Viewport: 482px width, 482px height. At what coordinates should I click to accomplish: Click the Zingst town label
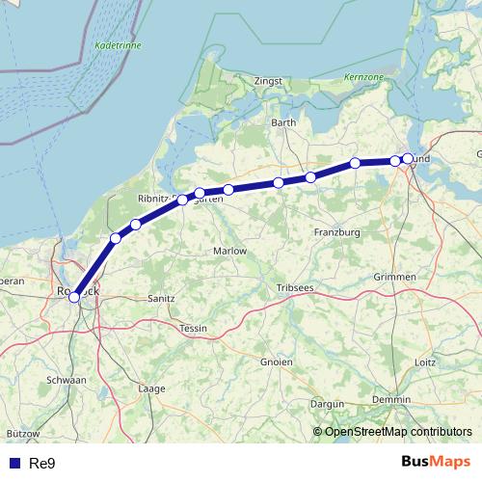tap(268, 82)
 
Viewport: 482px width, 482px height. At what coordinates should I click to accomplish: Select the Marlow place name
tap(229, 251)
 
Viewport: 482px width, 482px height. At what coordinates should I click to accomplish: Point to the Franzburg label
tap(336, 232)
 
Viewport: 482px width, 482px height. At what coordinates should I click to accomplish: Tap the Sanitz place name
tap(160, 299)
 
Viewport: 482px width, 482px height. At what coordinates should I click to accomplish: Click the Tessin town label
tap(194, 329)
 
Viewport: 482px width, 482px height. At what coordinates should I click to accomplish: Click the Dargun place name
tap(328, 404)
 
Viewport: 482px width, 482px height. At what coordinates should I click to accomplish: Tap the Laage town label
tap(152, 388)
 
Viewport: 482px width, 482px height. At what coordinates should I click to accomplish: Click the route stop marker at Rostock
tap(74, 297)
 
